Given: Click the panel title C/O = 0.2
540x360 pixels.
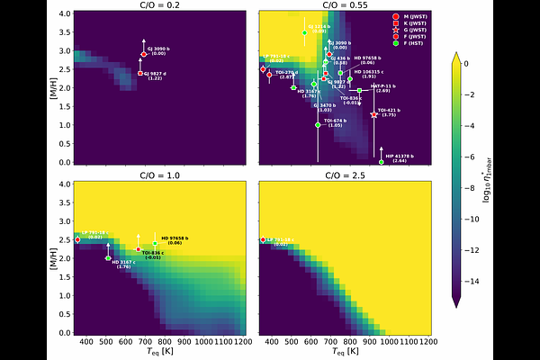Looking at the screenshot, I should tap(160, 6).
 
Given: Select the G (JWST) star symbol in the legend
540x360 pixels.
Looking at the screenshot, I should tap(398, 31).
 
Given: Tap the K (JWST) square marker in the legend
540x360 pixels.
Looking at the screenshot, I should tap(398, 23).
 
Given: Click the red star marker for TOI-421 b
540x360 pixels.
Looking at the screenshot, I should tap(374, 114).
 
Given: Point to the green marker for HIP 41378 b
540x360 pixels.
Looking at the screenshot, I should tap(381, 162).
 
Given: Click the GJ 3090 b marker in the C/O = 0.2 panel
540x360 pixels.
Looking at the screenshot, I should tap(144, 54).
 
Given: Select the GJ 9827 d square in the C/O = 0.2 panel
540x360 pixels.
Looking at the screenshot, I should tap(140, 74).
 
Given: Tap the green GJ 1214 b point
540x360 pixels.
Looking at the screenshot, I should tap(305, 32).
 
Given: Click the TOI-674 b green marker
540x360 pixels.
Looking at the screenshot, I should tap(318, 125).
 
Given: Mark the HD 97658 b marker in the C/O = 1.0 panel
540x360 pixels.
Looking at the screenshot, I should tap(155, 243).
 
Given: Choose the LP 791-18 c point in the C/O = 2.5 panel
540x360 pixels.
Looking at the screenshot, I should tap(263, 239).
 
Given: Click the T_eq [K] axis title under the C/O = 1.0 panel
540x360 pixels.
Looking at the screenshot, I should tap(160, 353).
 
